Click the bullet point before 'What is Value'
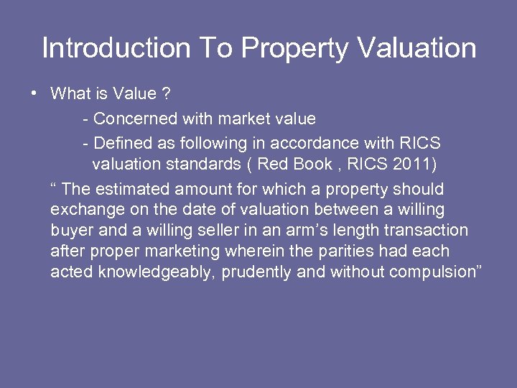coord(33,93)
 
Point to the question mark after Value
coord(166,93)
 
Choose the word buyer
coord(72,231)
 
